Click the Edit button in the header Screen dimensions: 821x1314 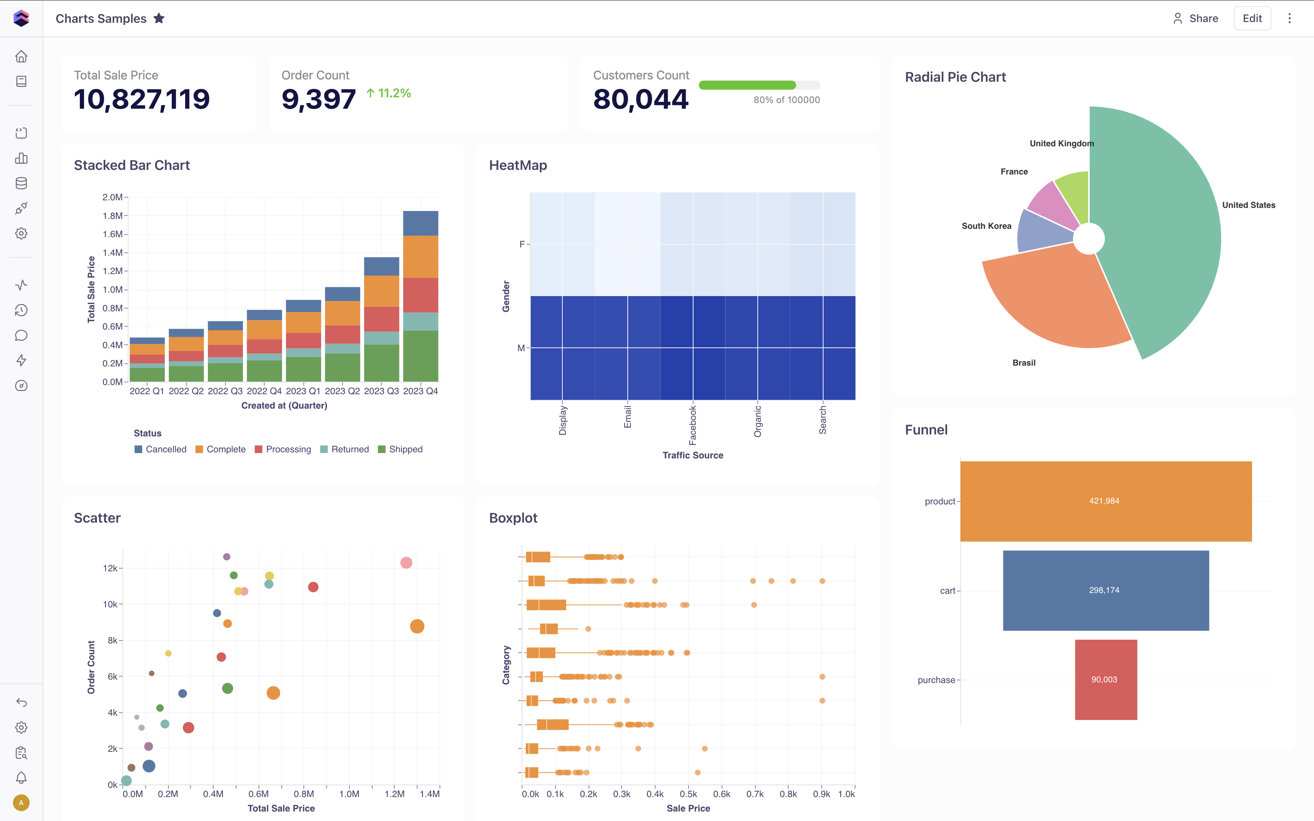click(x=1252, y=19)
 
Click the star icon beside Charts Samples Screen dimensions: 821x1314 click(x=159, y=19)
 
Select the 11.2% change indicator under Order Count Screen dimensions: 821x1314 click(x=389, y=94)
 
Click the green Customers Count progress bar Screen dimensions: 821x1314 click(x=747, y=85)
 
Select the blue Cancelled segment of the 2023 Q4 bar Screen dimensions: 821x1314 click(x=420, y=223)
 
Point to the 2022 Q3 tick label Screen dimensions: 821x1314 click(x=225, y=391)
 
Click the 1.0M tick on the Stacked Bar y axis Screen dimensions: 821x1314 click(x=113, y=289)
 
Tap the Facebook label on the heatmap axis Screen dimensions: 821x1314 click(x=692, y=425)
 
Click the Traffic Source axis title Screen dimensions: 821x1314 click(x=692, y=455)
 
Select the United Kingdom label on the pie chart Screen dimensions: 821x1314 click(x=1062, y=143)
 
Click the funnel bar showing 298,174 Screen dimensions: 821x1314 click(x=1106, y=590)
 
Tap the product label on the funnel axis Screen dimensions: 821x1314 click(x=939, y=501)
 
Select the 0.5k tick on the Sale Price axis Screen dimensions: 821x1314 click(x=688, y=794)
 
